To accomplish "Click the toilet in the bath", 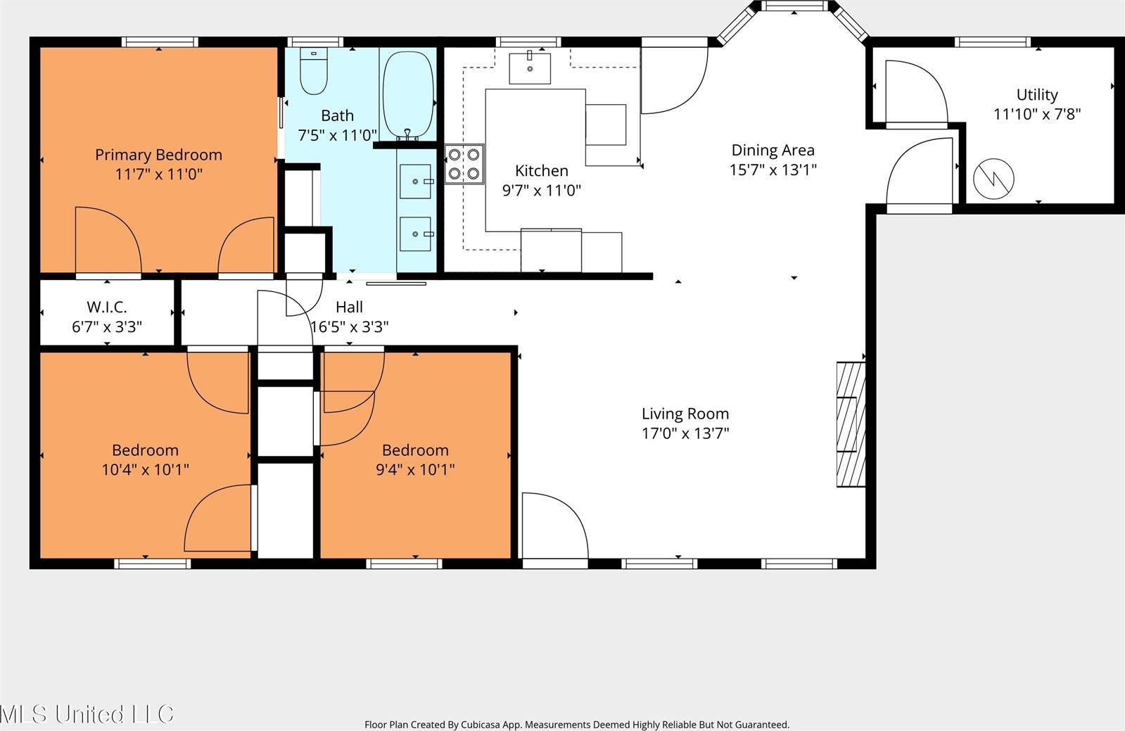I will point(314,72).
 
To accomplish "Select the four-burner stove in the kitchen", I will point(464,164).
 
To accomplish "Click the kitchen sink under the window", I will point(529,67).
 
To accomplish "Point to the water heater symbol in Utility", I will point(993,178).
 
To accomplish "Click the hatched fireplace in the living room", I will point(850,424).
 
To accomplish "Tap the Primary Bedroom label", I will point(158,155).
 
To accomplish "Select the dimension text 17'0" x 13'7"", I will point(685,433).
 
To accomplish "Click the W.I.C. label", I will point(107,307).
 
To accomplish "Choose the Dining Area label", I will point(773,150).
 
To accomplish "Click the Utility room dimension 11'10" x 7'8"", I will point(1036,114).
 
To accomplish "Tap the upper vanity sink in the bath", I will point(416,182).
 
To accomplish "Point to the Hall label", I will point(349,307).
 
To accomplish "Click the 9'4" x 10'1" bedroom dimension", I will point(415,469).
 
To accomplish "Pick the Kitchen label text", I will point(541,171).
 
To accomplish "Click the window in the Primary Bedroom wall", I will point(160,42).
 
